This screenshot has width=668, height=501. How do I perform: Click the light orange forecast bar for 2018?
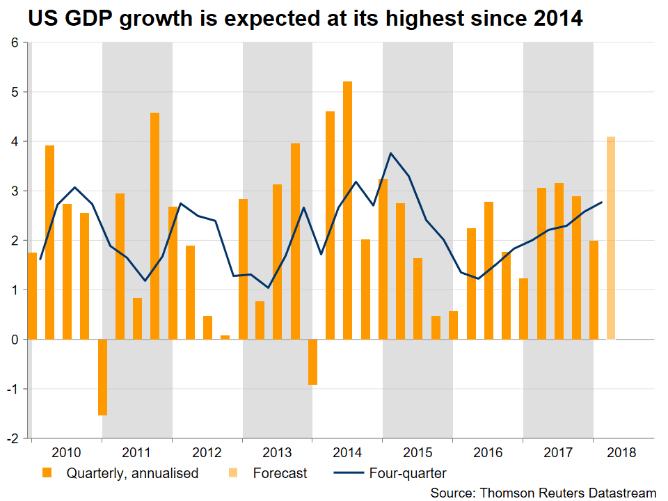tap(611, 238)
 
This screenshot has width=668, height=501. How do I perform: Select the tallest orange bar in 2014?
tap(348, 210)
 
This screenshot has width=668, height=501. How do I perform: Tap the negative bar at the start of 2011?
tap(102, 377)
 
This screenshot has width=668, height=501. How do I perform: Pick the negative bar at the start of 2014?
tap(312, 362)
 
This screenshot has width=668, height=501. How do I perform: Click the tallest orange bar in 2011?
tap(154, 226)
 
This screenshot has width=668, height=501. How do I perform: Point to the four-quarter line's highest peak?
tap(390, 153)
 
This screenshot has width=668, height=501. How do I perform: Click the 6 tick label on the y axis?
tap(15, 42)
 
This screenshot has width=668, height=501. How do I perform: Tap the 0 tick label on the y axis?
tap(15, 340)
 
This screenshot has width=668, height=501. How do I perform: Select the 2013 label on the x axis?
tap(277, 452)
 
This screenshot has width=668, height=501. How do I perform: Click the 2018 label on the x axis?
tap(621, 452)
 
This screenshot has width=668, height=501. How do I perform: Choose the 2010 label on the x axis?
tap(66, 452)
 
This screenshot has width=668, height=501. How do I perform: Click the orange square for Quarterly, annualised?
tap(47, 472)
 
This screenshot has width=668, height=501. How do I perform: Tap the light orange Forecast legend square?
tap(233, 472)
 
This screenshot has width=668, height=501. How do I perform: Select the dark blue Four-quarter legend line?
tap(349, 473)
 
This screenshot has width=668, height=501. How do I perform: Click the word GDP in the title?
tap(88, 19)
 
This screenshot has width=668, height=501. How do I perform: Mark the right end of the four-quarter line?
tap(602, 202)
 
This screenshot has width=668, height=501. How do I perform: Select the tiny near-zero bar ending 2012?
tap(225, 337)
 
